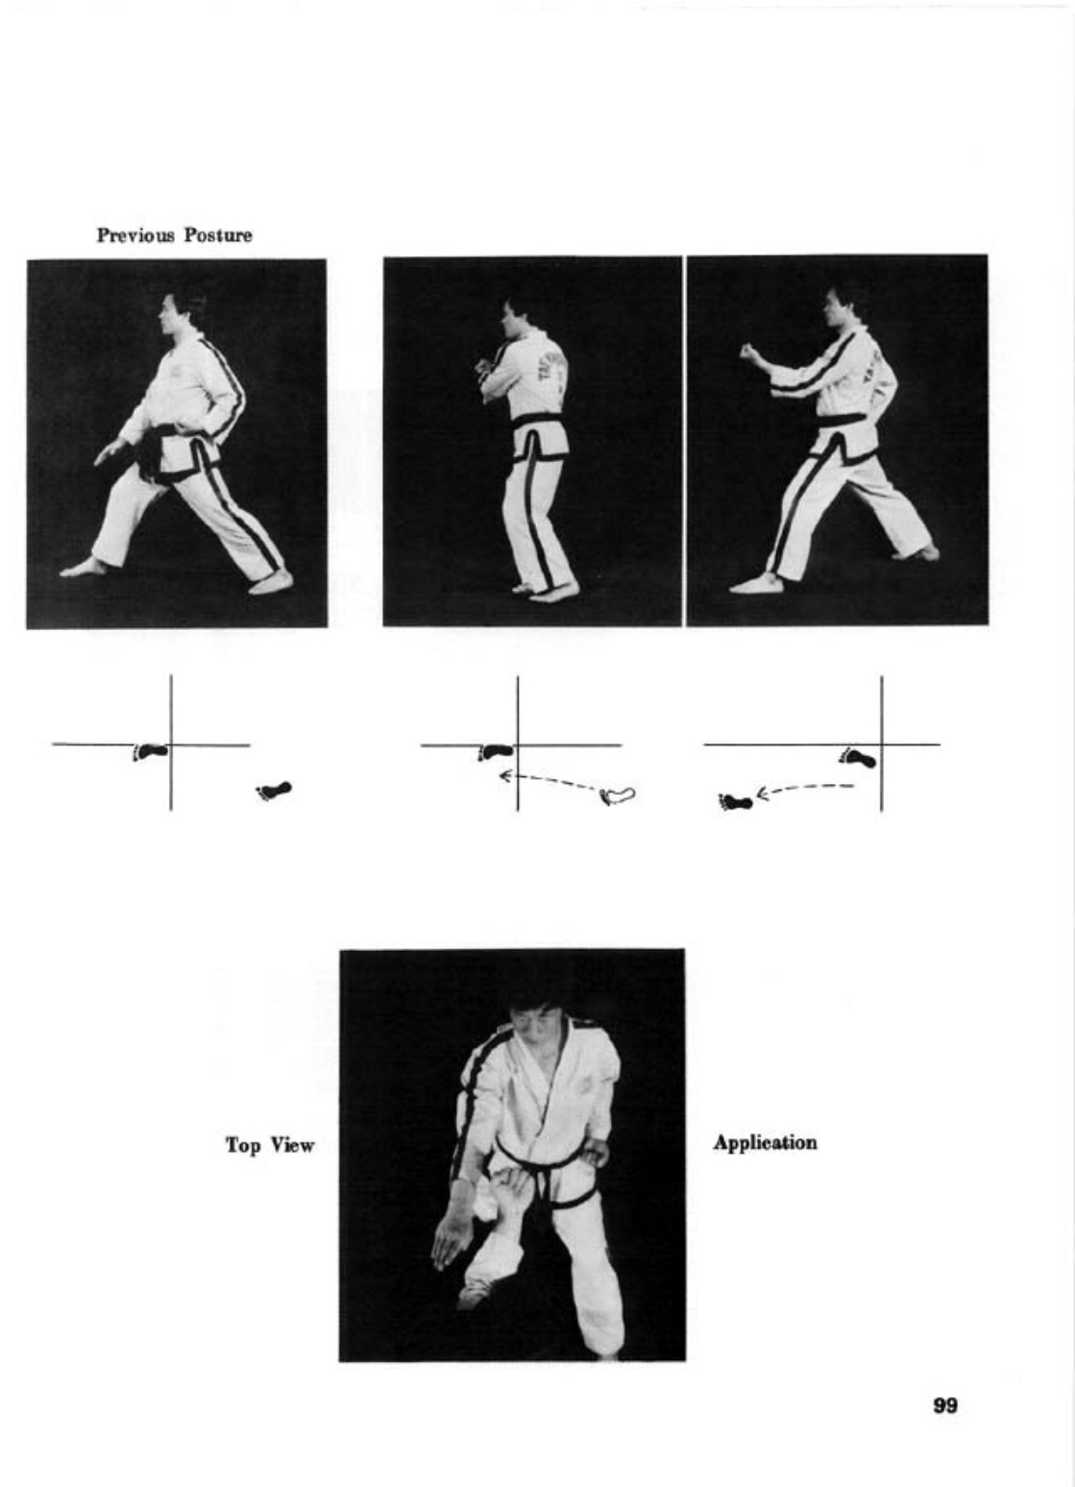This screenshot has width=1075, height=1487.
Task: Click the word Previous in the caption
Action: pos(136,235)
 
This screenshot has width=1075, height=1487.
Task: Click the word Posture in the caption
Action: pos(218,235)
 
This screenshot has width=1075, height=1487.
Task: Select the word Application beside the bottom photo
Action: pos(765,1142)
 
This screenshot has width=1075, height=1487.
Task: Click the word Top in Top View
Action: pos(243,1144)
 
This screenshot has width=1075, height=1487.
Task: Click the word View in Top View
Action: pos(292,1144)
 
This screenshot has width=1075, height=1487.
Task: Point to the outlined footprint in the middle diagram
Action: pos(618,794)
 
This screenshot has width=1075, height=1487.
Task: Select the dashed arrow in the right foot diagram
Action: pos(805,790)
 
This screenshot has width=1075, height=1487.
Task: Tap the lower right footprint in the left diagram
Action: pos(274,790)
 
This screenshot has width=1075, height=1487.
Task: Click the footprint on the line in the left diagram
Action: pos(150,751)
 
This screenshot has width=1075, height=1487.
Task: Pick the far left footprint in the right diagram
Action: pos(735,802)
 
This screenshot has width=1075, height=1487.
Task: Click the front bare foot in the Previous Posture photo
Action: pos(83,569)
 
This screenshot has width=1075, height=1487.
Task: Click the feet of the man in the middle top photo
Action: pos(546,590)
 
